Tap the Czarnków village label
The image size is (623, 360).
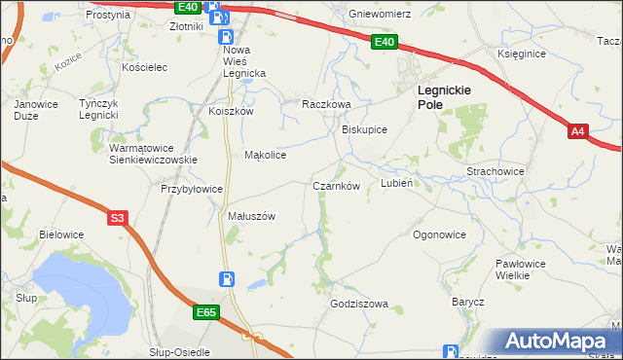[337, 185]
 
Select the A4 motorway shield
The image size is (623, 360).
[577, 130]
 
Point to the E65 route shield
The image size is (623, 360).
[205, 312]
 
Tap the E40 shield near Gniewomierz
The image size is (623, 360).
[384, 42]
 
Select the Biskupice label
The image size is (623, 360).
[365, 128]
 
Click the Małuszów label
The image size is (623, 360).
[252, 216]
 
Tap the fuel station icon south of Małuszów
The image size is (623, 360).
[227, 279]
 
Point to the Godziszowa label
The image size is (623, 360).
[359, 304]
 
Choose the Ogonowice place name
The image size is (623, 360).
[439, 234]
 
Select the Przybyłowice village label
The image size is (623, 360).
[193, 189]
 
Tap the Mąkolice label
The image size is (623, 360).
[265, 155]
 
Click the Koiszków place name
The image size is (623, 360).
[231, 111]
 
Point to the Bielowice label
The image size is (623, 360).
[61, 234]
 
